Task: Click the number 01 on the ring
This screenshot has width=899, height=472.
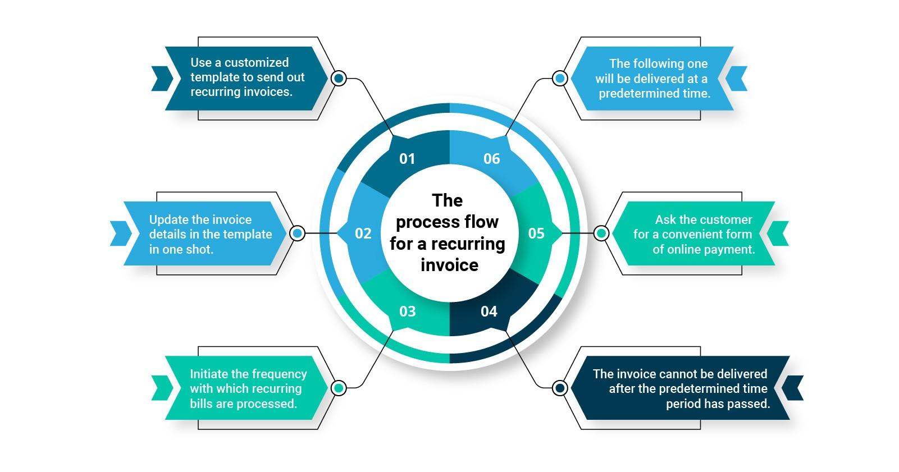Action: pyautogui.click(x=407, y=159)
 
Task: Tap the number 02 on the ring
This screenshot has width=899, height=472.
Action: pyautogui.click(x=363, y=233)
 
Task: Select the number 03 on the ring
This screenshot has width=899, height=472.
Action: pyautogui.click(x=407, y=311)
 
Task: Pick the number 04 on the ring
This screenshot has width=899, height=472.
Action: pyautogui.click(x=489, y=311)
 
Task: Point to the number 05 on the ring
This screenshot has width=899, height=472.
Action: pyautogui.click(x=536, y=233)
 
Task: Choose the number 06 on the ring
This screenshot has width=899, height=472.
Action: pyautogui.click(x=491, y=159)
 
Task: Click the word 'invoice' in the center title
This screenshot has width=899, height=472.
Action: pyautogui.click(x=449, y=265)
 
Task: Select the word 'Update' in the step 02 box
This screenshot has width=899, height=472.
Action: pyautogui.click(x=168, y=219)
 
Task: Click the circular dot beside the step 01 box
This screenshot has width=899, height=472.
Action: pyautogui.click(x=339, y=78)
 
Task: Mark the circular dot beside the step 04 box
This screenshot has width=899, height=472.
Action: pyautogui.click(x=560, y=388)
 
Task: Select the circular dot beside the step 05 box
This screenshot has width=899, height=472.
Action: pyautogui.click(x=601, y=233)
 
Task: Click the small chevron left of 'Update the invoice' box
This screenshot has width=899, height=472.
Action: pyautogui.click(x=120, y=233)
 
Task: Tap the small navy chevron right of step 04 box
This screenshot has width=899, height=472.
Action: pyautogui.click(x=793, y=388)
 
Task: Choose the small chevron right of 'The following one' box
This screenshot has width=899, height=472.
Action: pyautogui.click(x=737, y=78)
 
